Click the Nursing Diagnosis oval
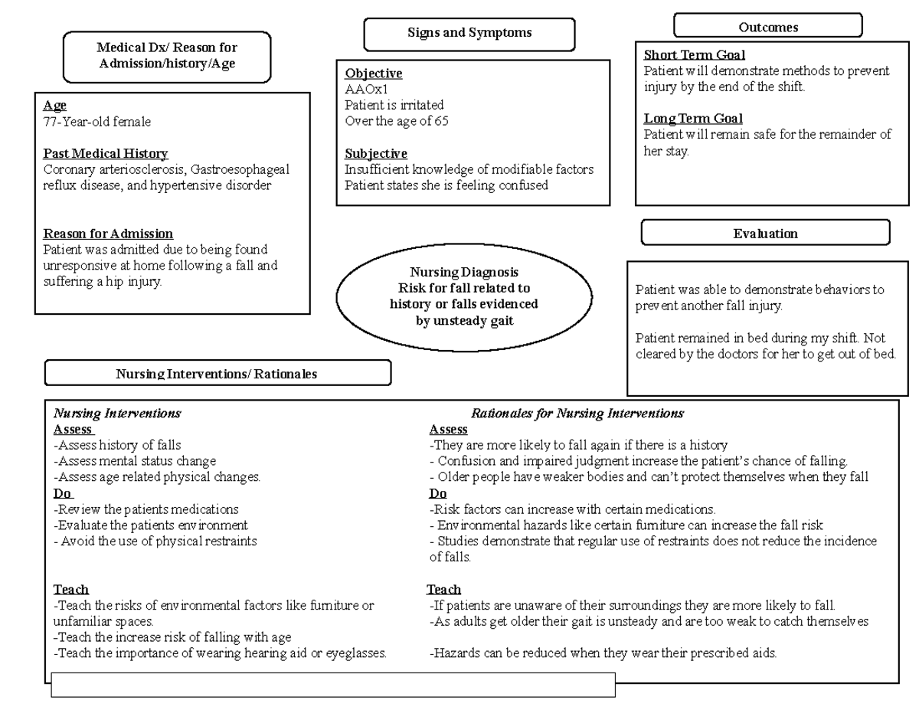[464, 296]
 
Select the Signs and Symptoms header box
[469, 34]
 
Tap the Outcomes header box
[767, 27]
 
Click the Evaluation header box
[765, 233]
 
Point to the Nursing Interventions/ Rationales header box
[217, 374]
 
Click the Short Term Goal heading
[694, 55]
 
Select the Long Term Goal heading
[693, 119]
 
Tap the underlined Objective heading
[373, 74]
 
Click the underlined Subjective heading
[375, 153]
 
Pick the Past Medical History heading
[105, 153]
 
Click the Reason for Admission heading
[108, 234]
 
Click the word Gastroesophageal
[240, 169]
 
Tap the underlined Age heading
[54, 106]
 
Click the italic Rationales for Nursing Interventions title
[577, 413]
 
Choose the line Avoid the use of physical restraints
[155, 541]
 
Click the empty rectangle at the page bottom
[333, 685]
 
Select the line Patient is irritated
[394, 105]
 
